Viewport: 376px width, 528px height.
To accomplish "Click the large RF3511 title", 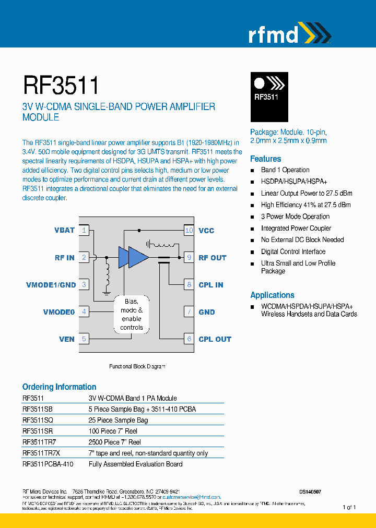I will coord(61,85).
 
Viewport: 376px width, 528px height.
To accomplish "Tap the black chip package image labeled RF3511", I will coord(269,97).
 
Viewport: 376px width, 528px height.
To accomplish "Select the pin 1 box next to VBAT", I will coord(84,230).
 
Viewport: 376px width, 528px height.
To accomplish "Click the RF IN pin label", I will coord(65,258).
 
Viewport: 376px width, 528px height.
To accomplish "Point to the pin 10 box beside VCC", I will coord(189,230).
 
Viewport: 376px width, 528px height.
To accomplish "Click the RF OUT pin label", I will coord(213,258).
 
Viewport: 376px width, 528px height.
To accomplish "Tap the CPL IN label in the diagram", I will coord(211,285).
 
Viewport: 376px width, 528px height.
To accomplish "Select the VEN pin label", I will coord(67,339).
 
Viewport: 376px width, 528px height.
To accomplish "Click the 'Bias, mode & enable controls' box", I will coord(132,315).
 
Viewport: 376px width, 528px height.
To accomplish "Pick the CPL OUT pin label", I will coord(215,339).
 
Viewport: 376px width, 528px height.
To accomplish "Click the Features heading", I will coord(265,159).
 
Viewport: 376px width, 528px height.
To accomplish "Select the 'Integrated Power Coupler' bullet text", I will coord(296,228).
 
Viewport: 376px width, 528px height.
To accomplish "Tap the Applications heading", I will coord(272,295).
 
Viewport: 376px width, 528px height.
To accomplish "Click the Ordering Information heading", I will coord(59,387).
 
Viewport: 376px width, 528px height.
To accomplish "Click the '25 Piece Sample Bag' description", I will coord(118,420).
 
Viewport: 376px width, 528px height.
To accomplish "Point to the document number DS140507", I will coord(310,491).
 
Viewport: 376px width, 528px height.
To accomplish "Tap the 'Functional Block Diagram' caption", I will coord(137,367).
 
